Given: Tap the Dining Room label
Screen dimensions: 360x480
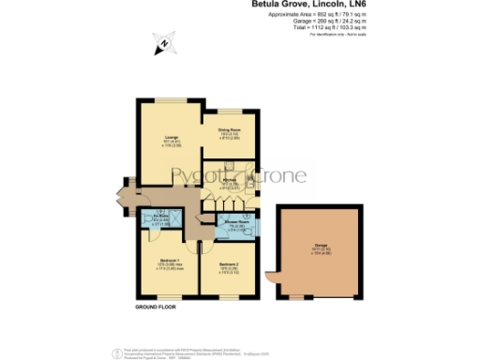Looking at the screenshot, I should (x=230, y=129).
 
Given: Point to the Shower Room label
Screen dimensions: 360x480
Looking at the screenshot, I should (x=233, y=222).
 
